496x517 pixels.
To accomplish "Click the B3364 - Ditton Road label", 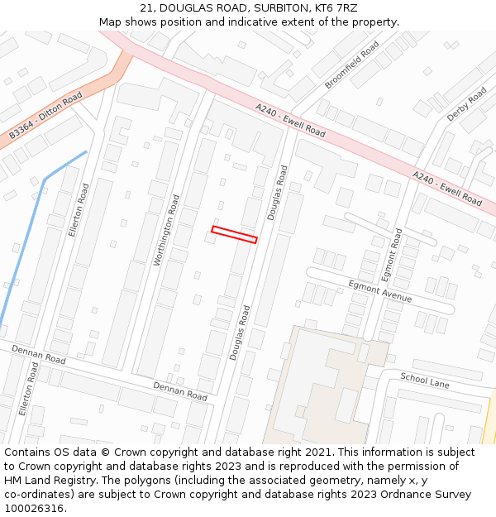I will point(45,116).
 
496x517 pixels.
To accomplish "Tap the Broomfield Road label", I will point(352,65).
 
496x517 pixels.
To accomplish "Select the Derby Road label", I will point(467,105).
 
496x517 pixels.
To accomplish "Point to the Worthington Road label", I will point(166,230).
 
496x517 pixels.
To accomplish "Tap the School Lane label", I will point(425,381).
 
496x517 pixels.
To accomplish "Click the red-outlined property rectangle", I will point(234,234).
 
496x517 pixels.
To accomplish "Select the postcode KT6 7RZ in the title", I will point(335,8).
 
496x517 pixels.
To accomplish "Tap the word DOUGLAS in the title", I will point(188,8).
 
